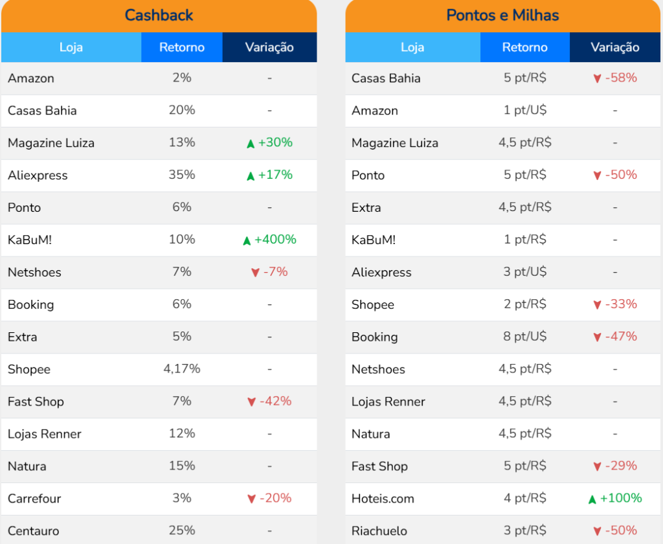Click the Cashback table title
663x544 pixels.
pyautogui.click(x=159, y=15)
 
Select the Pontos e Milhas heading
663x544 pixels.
pyautogui.click(x=502, y=15)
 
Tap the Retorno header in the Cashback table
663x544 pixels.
pyautogui.click(x=182, y=47)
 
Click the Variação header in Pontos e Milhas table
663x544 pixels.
pyautogui.click(x=615, y=47)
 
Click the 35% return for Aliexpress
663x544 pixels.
pyautogui.click(x=182, y=175)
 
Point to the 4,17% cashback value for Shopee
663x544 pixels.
pyautogui.click(x=182, y=369)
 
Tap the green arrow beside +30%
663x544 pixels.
pyautogui.click(x=251, y=144)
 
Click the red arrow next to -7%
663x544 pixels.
pyautogui.click(x=255, y=273)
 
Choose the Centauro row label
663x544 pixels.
pyautogui.click(x=33, y=531)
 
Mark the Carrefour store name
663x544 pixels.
pyautogui.click(x=34, y=499)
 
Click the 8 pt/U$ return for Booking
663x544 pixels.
pyautogui.click(x=525, y=337)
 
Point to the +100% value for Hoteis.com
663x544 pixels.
pyautogui.click(x=621, y=499)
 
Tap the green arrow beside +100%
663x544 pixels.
pyautogui.click(x=592, y=499)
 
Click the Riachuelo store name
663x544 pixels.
pyautogui.click(x=379, y=531)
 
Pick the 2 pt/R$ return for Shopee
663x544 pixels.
pyautogui.click(x=525, y=304)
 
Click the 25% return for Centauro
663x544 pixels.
pyautogui.click(x=182, y=531)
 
